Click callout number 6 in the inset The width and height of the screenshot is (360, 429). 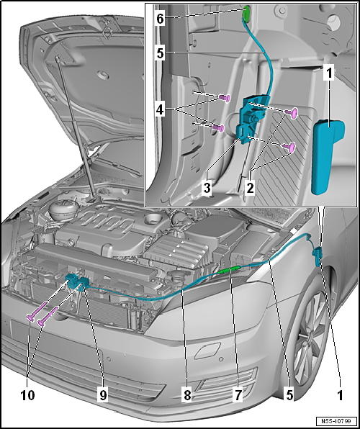coord(160,19)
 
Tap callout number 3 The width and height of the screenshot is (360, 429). coord(207,188)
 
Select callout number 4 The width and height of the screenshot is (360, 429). coord(160,112)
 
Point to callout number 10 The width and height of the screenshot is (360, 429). coord(28,395)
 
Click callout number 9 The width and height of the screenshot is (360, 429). coord(103,395)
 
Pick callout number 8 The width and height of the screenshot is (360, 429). coord(187,395)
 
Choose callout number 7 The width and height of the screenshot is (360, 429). coord(238,395)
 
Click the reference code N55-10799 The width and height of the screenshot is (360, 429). coord(337,420)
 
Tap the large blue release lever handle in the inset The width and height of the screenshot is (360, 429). coord(327,156)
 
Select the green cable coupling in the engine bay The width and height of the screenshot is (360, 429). coord(230,271)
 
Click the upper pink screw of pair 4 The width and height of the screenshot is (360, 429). coord(225,98)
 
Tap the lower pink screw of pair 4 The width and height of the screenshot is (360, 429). coord(219,128)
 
